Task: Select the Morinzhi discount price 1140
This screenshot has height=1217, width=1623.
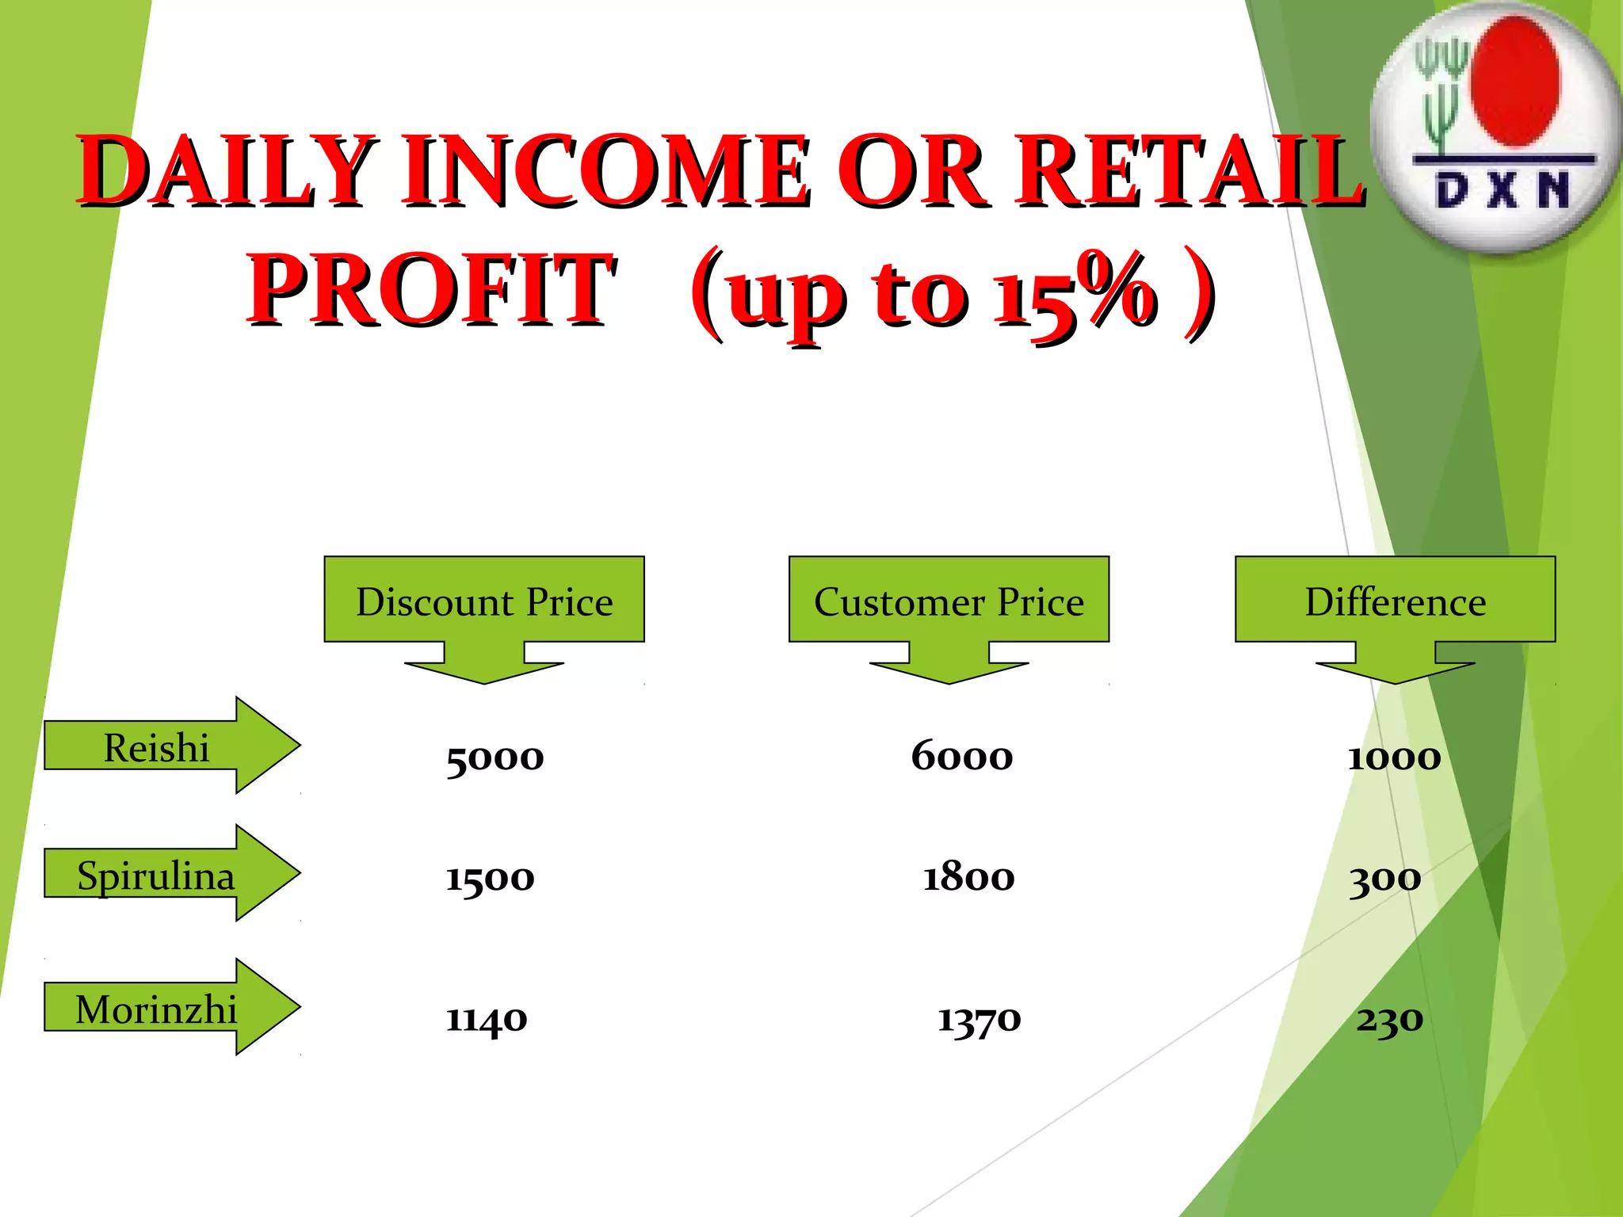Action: pyautogui.click(x=486, y=1019)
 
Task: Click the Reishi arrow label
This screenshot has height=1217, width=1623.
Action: pyautogui.click(x=157, y=747)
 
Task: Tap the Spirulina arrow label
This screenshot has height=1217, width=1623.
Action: pyautogui.click(x=156, y=876)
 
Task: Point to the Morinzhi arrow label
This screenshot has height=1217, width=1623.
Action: pyautogui.click(x=156, y=1009)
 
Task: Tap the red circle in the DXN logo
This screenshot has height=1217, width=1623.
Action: pyautogui.click(x=1515, y=82)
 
